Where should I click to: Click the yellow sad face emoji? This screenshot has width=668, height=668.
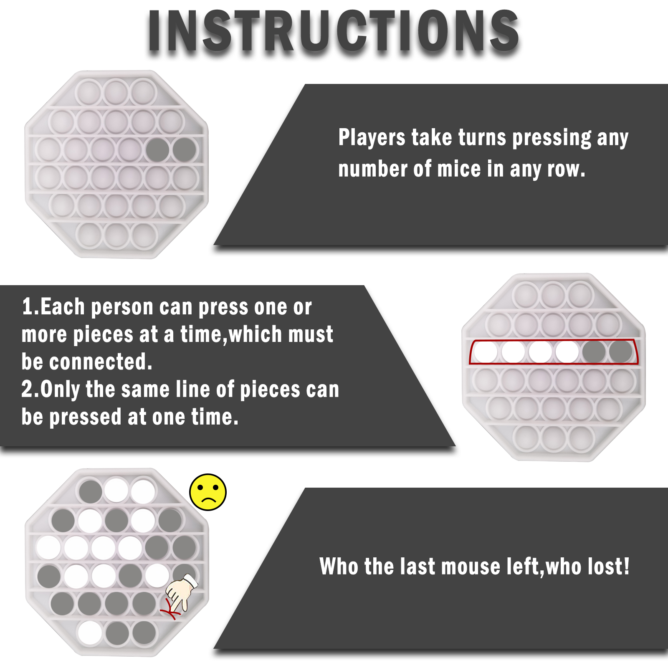point(208,492)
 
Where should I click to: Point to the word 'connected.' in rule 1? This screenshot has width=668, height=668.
point(101,362)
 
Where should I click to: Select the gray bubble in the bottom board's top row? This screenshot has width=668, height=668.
point(91,491)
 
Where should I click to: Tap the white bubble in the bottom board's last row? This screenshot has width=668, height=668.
point(90,633)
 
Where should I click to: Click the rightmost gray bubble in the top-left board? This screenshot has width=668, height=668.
point(184,149)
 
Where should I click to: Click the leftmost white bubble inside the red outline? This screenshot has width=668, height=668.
point(486,352)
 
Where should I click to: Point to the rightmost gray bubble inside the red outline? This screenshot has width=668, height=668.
point(620,352)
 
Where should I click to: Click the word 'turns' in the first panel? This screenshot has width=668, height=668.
point(482,138)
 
